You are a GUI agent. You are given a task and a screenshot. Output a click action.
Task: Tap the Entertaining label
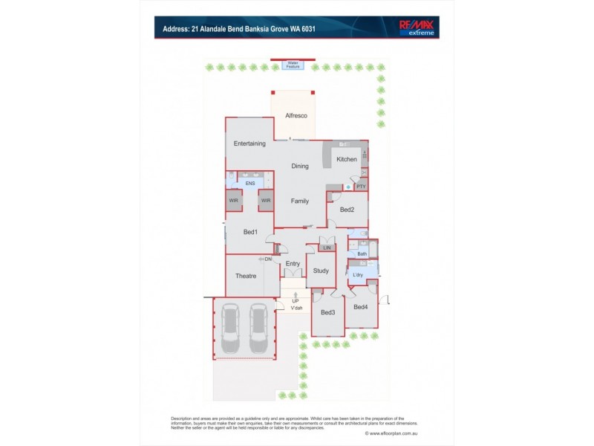point(249,143)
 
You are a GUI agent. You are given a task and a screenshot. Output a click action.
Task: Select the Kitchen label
point(347,159)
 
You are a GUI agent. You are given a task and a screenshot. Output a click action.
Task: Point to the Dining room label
point(300,167)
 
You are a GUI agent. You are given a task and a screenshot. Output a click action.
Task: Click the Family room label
point(300,201)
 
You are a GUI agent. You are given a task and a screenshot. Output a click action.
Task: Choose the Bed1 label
point(250,232)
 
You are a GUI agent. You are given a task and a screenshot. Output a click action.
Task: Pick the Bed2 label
point(347,210)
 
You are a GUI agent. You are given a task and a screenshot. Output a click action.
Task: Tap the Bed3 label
point(328,312)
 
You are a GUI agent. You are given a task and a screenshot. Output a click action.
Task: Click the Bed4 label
point(361,307)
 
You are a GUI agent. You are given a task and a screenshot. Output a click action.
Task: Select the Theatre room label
point(246,276)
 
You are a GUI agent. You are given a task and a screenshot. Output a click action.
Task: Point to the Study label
point(321,271)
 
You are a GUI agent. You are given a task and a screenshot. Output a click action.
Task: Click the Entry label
point(293,263)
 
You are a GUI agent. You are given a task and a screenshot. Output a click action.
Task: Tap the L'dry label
point(358,275)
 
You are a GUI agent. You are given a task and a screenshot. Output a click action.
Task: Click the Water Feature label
point(293,65)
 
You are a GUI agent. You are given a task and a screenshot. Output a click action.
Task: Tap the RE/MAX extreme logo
point(417,28)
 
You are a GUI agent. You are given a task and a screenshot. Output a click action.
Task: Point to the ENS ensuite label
point(250,183)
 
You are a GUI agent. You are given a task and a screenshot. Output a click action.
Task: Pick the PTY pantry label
point(361,187)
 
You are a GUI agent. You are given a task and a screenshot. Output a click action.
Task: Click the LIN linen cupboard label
point(327,248)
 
